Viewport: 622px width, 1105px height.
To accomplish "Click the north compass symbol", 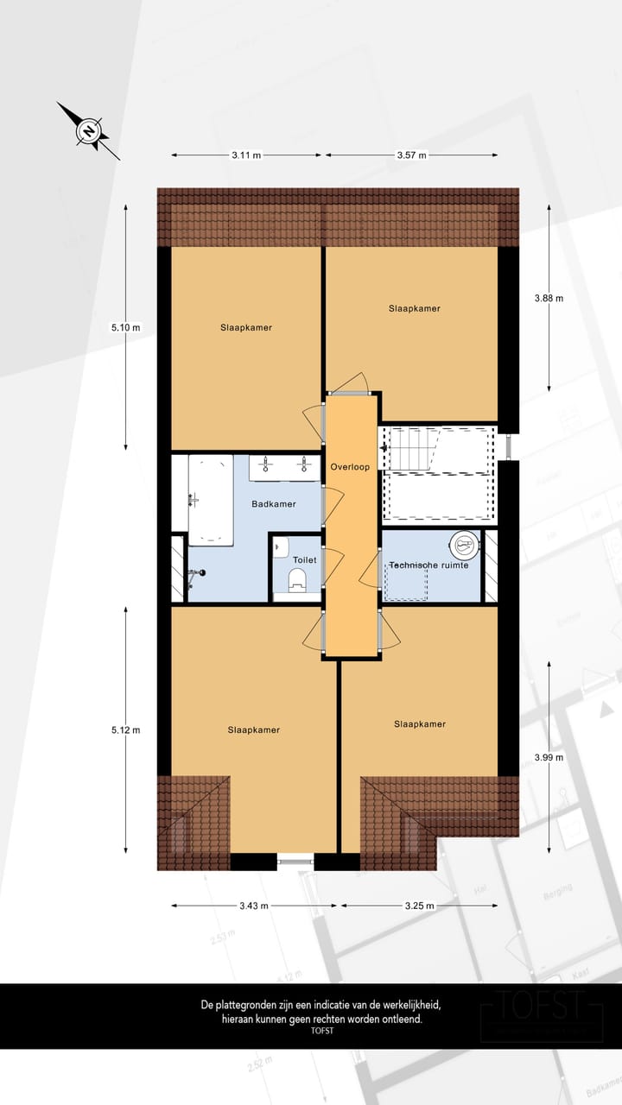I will pyautogui.click(x=88, y=131).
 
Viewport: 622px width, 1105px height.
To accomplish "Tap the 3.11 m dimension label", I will pyautogui.click(x=246, y=155).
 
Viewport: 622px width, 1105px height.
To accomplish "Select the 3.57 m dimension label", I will pyautogui.click(x=410, y=155).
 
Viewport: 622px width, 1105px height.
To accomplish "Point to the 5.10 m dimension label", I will pyautogui.click(x=125, y=327).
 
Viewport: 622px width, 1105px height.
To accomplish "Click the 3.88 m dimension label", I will pyautogui.click(x=549, y=298).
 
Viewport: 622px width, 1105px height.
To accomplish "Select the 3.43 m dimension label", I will pyautogui.click(x=253, y=906).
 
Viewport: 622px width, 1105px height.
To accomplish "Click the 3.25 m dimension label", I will pyautogui.click(x=419, y=906).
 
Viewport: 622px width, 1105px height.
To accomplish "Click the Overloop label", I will pyautogui.click(x=350, y=467).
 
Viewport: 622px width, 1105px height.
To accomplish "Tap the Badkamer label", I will pyautogui.click(x=274, y=504).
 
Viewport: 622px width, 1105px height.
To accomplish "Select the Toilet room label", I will pyautogui.click(x=304, y=559).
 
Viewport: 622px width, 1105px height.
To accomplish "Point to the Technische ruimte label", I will pyautogui.click(x=428, y=565).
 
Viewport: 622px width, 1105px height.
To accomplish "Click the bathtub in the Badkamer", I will pyautogui.click(x=211, y=499).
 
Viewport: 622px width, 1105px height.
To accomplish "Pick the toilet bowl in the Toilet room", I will pyautogui.click(x=299, y=584).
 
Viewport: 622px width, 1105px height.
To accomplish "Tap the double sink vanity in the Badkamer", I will pyautogui.click(x=284, y=467).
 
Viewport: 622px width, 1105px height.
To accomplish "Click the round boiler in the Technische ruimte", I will pyautogui.click(x=464, y=544).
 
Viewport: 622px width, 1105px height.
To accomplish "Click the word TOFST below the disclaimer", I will pyautogui.click(x=321, y=1030).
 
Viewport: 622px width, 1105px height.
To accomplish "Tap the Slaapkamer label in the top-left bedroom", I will pyautogui.click(x=246, y=327).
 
